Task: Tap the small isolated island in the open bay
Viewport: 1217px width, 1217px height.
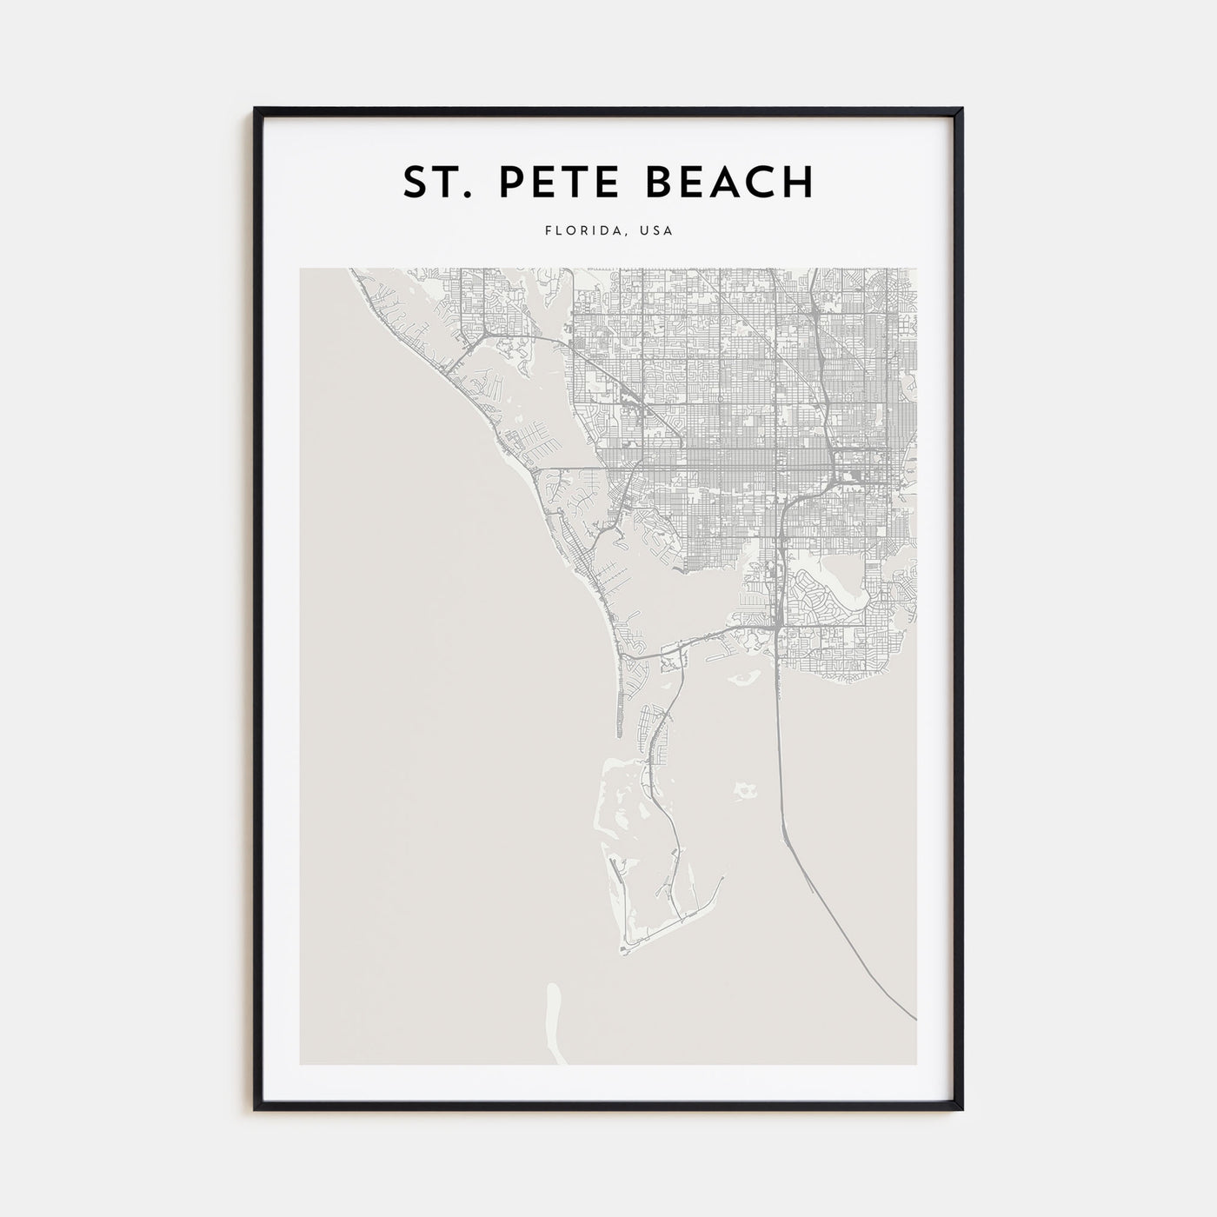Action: (743, 790)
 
